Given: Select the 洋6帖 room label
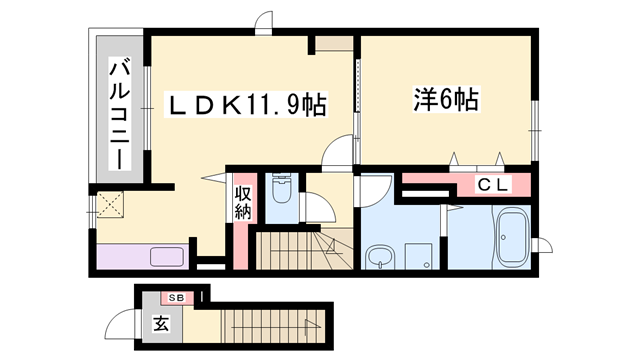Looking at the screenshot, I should (x=444, y=98).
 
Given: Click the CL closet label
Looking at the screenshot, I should (x=490, y=184).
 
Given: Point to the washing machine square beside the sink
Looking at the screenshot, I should (x=417, y=256).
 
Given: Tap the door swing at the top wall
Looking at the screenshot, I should (x=262, y=20).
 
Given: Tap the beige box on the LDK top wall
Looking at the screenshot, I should (x=332, y=45).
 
